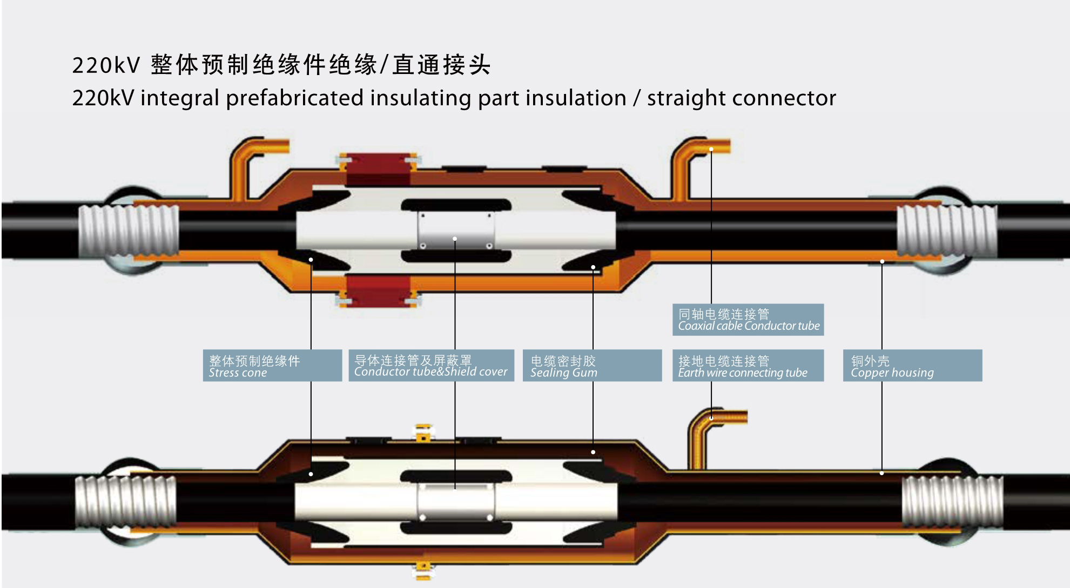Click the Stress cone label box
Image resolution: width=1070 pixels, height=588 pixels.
(272, 366)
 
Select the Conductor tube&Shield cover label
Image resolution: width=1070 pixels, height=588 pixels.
(431, 366)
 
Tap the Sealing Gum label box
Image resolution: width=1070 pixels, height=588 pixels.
(592, 366)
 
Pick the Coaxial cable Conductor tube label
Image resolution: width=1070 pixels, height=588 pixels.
(748, 320)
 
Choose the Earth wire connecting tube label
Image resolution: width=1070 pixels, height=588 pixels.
(748, 366)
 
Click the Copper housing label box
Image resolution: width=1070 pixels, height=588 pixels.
(912, 366)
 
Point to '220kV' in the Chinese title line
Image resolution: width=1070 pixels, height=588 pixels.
(106, 65)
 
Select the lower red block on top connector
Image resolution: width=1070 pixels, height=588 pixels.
(378, 290)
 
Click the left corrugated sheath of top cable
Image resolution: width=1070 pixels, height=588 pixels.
(129, 231)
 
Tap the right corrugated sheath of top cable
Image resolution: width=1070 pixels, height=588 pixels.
(946, 231)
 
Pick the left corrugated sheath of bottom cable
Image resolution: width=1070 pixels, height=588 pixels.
(125, 502)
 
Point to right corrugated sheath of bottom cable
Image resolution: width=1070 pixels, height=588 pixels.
(952, 502)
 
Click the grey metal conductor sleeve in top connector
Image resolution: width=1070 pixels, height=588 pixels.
(455, 231)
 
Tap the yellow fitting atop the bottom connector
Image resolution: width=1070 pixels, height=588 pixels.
(423, 432)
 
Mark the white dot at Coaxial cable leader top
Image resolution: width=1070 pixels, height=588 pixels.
(711, 149)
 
